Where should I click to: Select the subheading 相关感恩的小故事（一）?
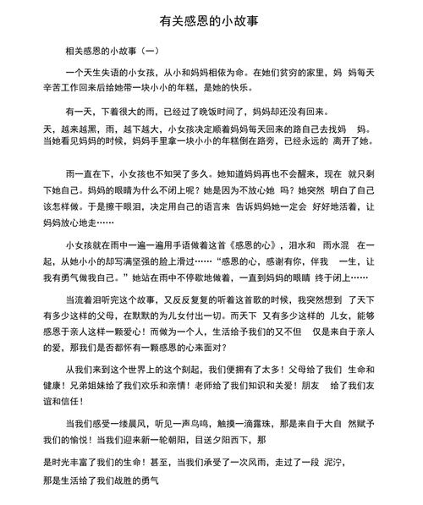click(x=118, y=52)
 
